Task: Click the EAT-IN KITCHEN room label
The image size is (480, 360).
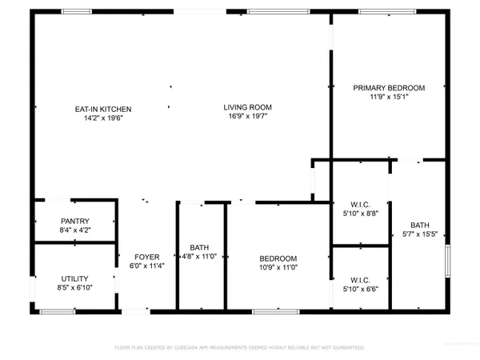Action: (x=103, y=109)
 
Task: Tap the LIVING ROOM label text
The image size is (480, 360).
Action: (x=247, y=107)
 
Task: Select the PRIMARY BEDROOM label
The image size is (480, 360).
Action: (x=389, y=88)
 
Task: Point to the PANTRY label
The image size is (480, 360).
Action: (x=74, y=222)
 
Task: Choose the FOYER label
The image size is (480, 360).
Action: (x=146, y=257)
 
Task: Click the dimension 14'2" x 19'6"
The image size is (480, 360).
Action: (x=103, y=118)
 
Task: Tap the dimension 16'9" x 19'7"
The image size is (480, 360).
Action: (x=247, y=116)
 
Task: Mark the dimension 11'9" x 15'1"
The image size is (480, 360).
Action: (x=389, y=97)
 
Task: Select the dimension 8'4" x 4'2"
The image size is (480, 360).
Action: (x=74, y=230)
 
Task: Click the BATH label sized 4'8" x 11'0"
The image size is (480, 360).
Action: (x=199, y=247)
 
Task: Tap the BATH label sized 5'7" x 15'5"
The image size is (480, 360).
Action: (x=419, y=225)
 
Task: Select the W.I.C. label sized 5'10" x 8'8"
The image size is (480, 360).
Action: (x=360, y=204)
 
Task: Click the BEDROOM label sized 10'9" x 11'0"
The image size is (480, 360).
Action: (x=278, y=258)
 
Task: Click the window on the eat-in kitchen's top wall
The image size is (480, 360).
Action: (x=76, y=12)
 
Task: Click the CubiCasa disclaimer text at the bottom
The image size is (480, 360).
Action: (x=240, y=348)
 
